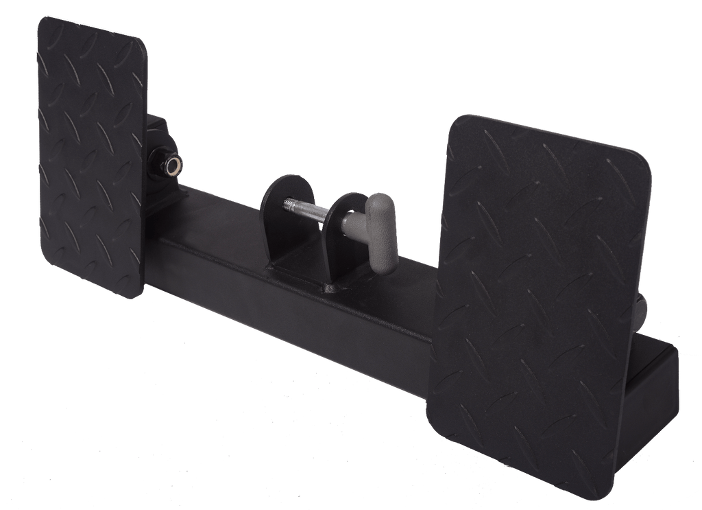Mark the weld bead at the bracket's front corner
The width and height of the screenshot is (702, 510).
coord(330,288)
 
